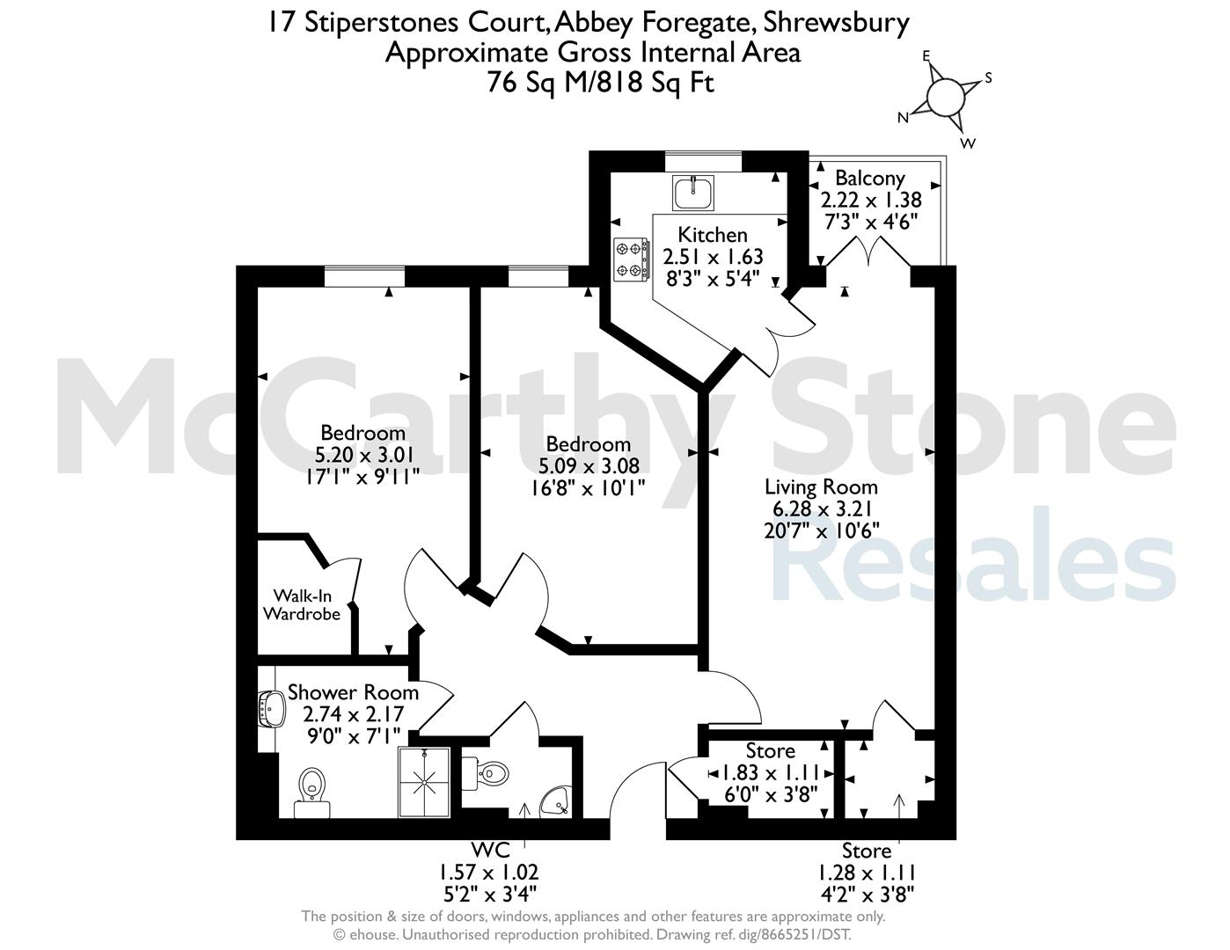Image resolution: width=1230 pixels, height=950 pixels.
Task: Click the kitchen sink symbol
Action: point(693,193)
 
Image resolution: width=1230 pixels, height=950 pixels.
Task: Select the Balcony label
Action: point(870,179)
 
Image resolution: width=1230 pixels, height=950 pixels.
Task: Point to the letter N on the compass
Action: point(904,118)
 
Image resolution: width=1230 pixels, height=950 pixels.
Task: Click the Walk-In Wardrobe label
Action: point(301,605)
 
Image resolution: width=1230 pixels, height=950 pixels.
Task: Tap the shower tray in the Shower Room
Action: point(425,783)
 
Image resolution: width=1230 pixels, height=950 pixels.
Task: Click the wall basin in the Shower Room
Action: point(271,707)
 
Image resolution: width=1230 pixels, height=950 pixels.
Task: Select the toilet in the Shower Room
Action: point(311,793)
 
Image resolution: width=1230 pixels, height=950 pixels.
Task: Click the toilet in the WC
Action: point(486,772)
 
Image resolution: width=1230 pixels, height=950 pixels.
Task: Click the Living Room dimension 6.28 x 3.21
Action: point(822,508)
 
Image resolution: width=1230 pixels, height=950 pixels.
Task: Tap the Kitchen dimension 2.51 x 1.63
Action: point(713,257)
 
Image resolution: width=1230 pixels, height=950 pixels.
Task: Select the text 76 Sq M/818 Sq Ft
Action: point(601,83)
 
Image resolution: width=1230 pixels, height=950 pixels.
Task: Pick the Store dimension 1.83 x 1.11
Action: point(771,772)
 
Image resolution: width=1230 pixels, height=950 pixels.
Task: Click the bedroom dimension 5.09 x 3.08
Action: point(589,465)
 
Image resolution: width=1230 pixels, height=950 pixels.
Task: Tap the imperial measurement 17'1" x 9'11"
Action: point(362,477)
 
